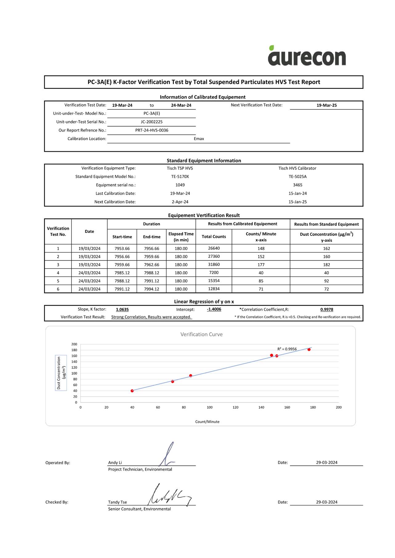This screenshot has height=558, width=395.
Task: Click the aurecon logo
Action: point(307,56)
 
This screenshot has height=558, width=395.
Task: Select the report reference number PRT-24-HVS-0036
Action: point(152,130)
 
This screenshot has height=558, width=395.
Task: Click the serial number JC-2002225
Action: point(152,122)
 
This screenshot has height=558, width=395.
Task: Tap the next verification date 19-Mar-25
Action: point(327,105)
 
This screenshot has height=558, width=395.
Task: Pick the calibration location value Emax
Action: point(199,139)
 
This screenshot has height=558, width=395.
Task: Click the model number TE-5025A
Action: point(297,177)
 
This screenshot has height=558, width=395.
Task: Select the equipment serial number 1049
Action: point(180,185)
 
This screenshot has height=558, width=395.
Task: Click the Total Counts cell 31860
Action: point(214,265)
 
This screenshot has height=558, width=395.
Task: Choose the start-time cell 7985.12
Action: point(122,273)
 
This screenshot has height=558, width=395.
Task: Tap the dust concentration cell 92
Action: point(326,281)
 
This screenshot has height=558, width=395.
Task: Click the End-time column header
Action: point(152,237)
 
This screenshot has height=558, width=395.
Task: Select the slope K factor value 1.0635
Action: point(122,309)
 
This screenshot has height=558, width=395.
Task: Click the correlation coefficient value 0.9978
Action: point(327,309)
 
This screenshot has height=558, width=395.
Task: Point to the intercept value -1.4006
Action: point(214,309)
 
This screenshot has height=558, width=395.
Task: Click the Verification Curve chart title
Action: point(201,334)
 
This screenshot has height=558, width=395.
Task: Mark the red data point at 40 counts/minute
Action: point(132,391)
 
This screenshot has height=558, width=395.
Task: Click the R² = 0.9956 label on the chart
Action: point(287,349)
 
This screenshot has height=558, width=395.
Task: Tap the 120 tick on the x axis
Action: point(235,407)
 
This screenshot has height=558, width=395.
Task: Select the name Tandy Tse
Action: point(117,502)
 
